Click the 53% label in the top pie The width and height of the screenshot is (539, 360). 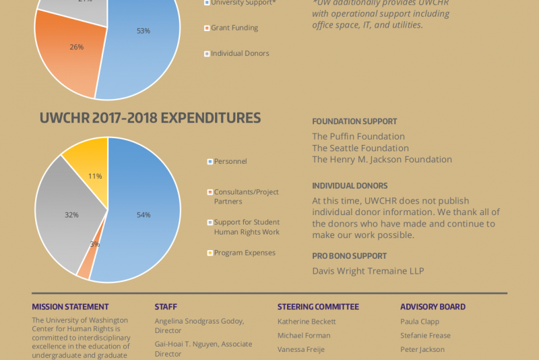pyautogui.click(x=144, y=31)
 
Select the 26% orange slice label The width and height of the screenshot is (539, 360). pyautogui.click(x=77, y=47)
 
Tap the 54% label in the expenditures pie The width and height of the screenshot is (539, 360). pyautogui.click(x=144, y=215)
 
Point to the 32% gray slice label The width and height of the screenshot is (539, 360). pyautogui.click(x=71, y=215)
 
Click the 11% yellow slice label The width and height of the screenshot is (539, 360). pyautogui.click(x=95, y=177)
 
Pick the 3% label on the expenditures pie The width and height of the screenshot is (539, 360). pyautogui.click(x=95, y=244)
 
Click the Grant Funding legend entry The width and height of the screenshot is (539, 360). pyautogui.click(x=231, y=28)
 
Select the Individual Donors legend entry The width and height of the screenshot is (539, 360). pyautogui.click(x=237, y=54)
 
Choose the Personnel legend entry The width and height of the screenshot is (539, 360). pyautogui.click(x=227, y=161)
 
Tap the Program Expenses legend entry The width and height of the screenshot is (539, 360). pyautogui.click(x=241, y=253)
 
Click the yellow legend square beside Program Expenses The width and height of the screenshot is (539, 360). pyautogui.click(x=210, y=253)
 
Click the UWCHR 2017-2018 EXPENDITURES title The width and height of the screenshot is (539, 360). pyautogui.click(x=150, y=118)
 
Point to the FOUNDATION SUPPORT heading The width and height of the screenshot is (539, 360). pyautogui.click(x=354, y=121)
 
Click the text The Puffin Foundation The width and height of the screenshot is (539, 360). pyautogui.click(x=358, y=136)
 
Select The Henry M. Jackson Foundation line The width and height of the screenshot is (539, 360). pyautogui.click(x=382, y=160)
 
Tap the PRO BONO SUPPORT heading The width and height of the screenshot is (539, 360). pyautogui.click(x=349, y=256)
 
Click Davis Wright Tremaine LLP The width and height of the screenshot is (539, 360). pyautogui.click(x=368, y=271)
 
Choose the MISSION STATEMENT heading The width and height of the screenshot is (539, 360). pyautogui.click(x=70, y=307)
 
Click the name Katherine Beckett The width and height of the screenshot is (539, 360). pyautogui.click(x=307, y=322)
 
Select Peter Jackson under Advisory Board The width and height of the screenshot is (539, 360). pyautogui.click(x=422, y=349)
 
